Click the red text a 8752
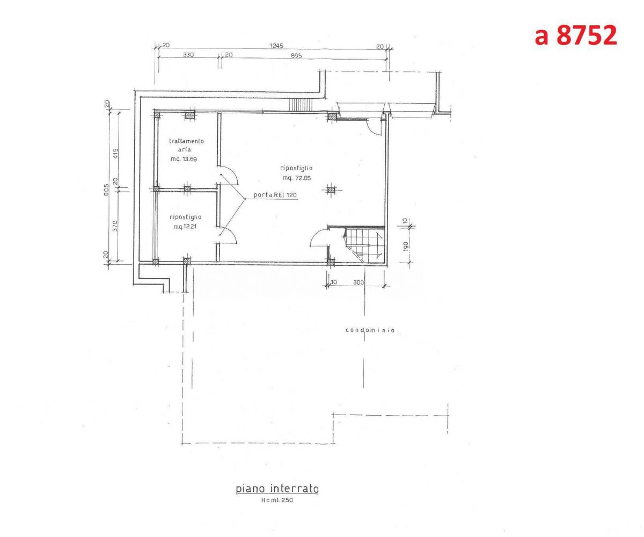575,35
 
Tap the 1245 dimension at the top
276,46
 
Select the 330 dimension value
188,55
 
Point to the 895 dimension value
296,55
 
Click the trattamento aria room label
186,145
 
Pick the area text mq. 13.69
184,159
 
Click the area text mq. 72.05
297,178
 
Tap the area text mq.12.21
185,227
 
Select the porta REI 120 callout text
275,195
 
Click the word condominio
370,330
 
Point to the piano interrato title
277,489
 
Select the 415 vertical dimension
116,154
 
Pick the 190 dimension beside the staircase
405,246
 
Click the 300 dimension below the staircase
358,282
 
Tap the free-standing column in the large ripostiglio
331,191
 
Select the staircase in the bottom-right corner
364,245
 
